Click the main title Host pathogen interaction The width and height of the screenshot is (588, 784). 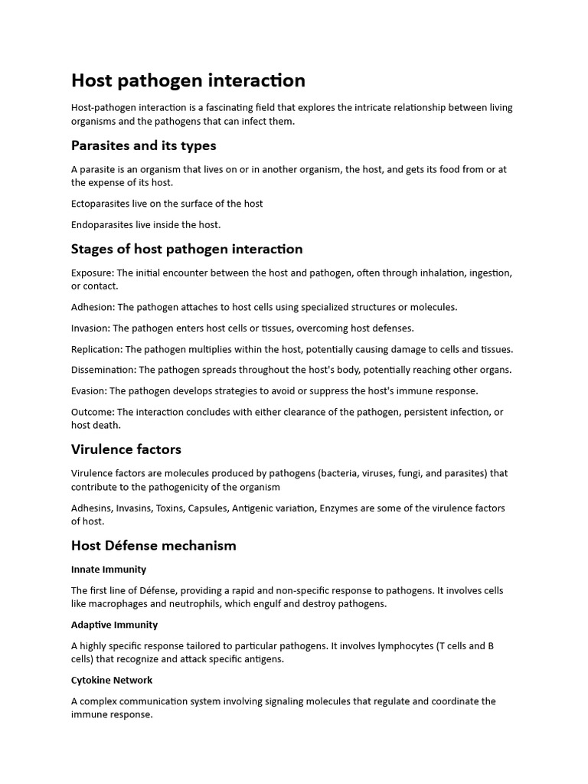pyautogui.click(x=188, y=80)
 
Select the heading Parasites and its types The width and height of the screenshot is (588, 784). pyautogui.click(x=143, y=145)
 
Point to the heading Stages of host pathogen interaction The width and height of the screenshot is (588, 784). pyautogui.click(x=187, y=249)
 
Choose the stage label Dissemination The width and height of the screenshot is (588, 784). pyautogui.click(x=103, y=370)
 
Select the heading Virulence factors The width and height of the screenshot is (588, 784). pyautogui.click(x=126, y=449)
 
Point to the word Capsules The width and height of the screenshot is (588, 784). pyautogui.click(x=204, y=508)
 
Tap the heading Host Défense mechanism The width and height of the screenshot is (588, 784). pyautogui.click(x=153, y=546)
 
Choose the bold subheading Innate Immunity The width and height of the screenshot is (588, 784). pyautogui.click(x=109, y=570)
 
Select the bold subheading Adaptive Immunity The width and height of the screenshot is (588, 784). pyautogui.click(x=114, y=625)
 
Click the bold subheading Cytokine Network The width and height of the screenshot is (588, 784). pyautogui.click(x=112, y=680)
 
